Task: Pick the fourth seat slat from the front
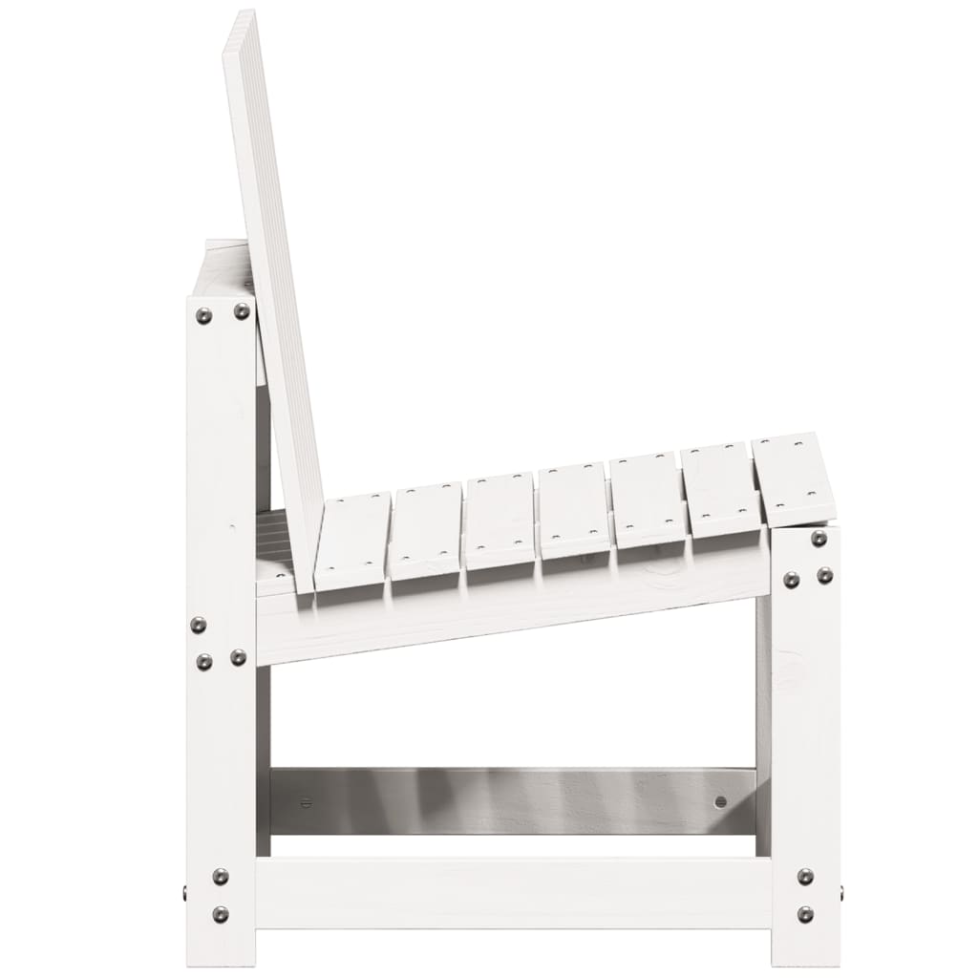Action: [572, 510]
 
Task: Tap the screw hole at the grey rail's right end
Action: [720, 801]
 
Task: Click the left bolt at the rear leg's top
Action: [203, 315]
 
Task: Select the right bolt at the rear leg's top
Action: [242, 310]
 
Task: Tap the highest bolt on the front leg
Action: [819, 539]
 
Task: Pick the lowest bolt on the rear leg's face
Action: [221, 914]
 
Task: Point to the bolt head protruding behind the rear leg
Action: [185, 894]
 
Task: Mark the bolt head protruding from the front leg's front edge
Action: [840, 894]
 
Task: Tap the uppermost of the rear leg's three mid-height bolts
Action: [198, 625]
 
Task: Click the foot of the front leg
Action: [805, 955]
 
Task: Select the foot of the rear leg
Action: [221, 955]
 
